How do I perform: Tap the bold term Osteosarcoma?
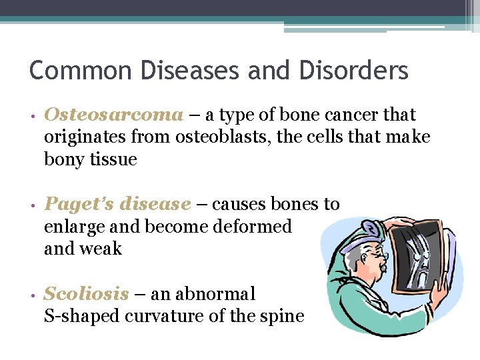(113, 115)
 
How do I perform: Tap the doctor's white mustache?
(379, 267)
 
